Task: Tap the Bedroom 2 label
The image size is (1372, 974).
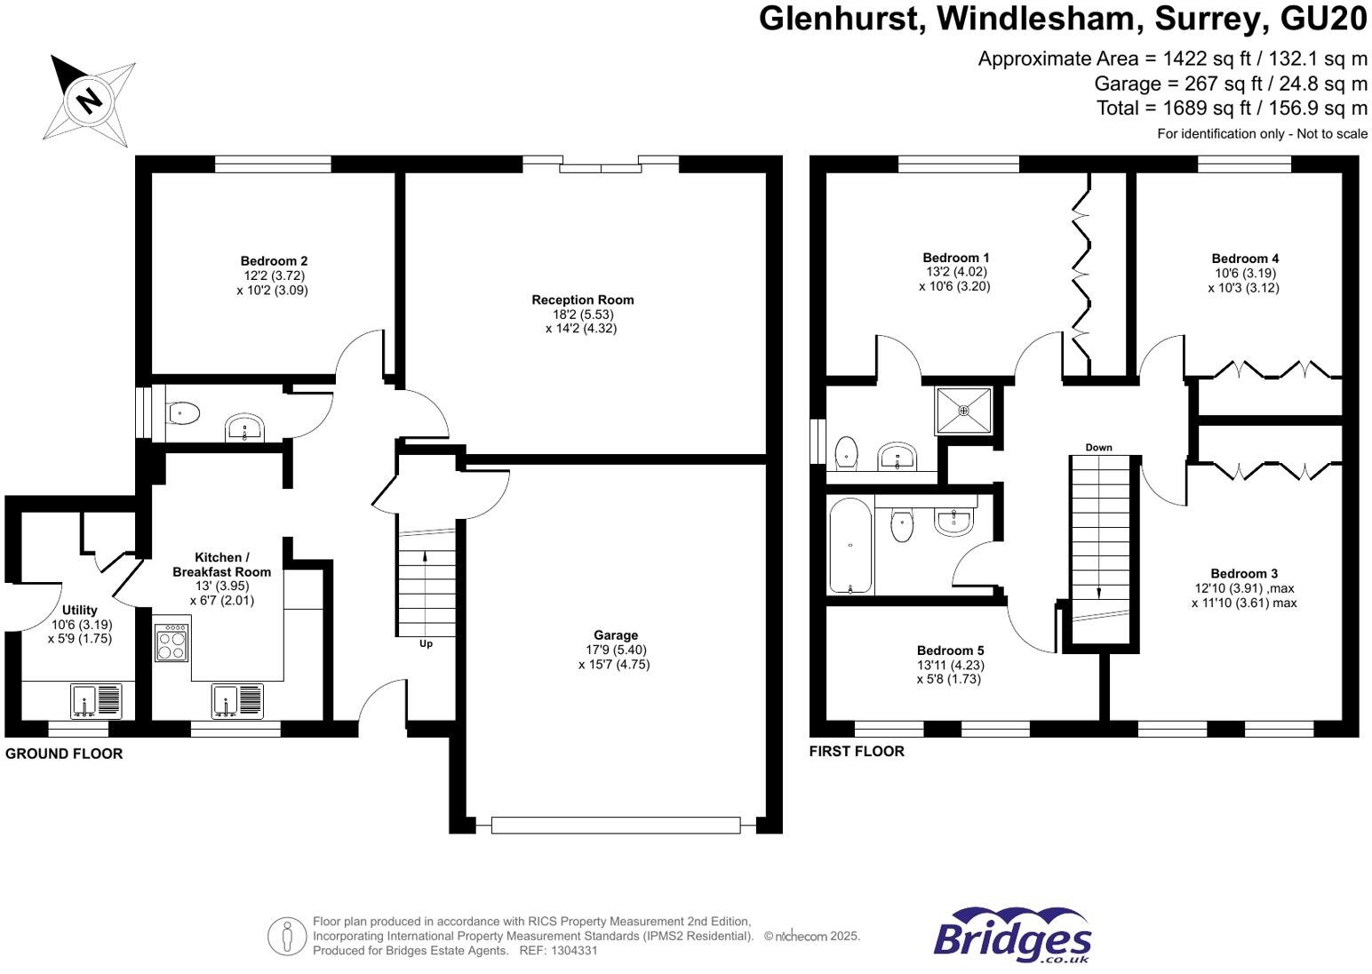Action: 274,261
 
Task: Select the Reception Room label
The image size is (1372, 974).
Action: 582,300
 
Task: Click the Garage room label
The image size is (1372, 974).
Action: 616,635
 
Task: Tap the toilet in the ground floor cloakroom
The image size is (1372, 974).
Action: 183,413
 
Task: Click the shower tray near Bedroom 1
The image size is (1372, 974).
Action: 963,411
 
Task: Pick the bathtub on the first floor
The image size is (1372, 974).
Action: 850,546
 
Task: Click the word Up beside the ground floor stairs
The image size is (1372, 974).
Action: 426,643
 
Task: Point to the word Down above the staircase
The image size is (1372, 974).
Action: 1098,448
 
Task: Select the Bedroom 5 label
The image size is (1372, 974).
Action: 950,651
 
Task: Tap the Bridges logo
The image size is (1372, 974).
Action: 1012,936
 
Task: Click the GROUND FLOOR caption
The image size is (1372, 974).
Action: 64,754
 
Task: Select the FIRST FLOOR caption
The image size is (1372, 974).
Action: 857,751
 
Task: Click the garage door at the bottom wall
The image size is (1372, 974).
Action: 615,826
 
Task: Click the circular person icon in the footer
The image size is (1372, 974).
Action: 287,937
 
